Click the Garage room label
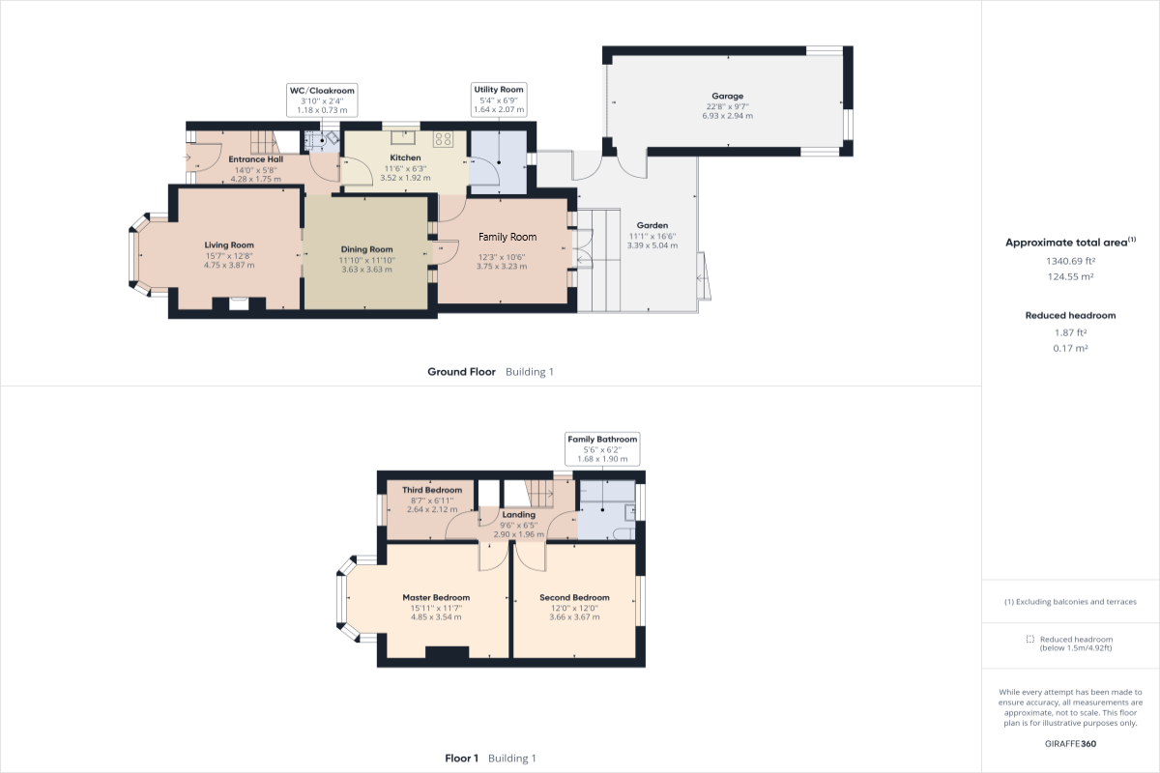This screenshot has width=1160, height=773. tap(727, 97)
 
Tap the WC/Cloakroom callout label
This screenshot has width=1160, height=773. tap(323, 90)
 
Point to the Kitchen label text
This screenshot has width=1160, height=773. tap(405, 157)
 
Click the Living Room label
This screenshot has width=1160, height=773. tap(229, 245)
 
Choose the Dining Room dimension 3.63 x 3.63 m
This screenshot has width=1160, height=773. tap(366, 270)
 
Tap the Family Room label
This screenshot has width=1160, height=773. tap(507, 237)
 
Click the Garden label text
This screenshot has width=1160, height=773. tap(652, 226)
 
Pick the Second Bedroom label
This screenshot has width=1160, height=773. tap(574, 598)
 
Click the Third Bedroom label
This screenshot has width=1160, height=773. tap(432, 490)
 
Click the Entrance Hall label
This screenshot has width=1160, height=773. tap(255, 159)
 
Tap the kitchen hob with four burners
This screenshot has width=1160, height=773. tap(444, 139)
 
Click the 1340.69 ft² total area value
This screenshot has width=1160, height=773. tap(1070, 261)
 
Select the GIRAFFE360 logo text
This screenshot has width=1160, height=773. tap(1070, 744)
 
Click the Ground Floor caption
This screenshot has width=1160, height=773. tap(462, 372)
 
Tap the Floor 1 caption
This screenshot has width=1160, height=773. tap(461, 759)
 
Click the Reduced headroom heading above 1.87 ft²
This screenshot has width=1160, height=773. tap(1070, 315)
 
